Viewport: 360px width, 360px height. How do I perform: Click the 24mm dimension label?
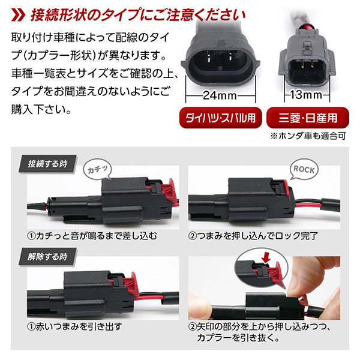point(220,95)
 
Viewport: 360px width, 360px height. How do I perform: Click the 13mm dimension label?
point(306,95)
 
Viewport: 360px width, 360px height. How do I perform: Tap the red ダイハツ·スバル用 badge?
point(221,118)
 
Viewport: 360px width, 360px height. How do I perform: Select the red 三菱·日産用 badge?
point(308,118)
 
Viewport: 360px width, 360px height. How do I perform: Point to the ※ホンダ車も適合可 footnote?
point(308,136)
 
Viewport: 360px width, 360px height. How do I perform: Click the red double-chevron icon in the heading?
point(18,16)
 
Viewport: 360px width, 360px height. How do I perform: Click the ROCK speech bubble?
point(304,170)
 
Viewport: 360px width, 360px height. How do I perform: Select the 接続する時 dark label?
point(47,164)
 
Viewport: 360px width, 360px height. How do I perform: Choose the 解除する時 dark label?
point(47,257)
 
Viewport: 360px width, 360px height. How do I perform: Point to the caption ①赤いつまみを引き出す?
point(74,327)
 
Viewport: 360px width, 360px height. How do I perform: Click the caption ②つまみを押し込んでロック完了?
point(253,236)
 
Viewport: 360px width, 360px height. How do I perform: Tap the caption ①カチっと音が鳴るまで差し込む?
point(92,236)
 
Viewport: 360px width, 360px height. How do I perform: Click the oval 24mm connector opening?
point(220,62)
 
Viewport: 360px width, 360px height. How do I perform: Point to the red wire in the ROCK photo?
point(308,204)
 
